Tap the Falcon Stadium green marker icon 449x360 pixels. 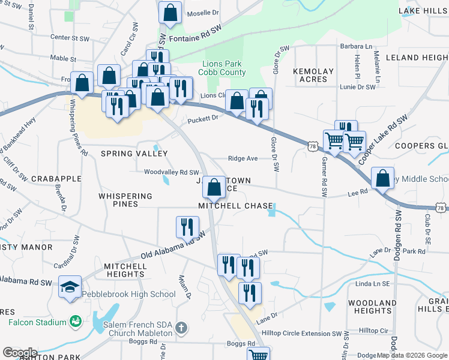coord(75,322)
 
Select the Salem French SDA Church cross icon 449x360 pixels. coord(182,328)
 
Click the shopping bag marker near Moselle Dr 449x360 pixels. coord(170,13)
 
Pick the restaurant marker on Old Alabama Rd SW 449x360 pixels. coord(187,227)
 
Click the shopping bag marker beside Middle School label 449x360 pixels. coord(382,178)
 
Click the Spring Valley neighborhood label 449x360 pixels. coord(134,154)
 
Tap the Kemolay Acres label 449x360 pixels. coord(313,75)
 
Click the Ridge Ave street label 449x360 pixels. coord(243,158)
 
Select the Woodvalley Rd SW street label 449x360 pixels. coord(171,172)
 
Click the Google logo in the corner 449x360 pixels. coord(20,353)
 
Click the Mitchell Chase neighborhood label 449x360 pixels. coord(235,206)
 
